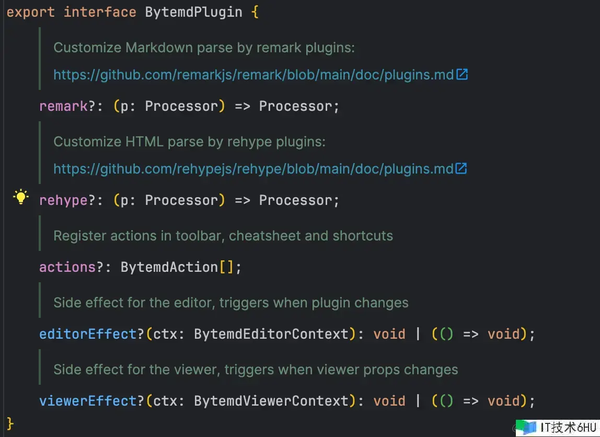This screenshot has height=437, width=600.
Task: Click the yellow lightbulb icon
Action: coord(21,197)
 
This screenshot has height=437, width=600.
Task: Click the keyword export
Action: coord(31,12)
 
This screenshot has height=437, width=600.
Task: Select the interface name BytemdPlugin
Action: coord(193,12)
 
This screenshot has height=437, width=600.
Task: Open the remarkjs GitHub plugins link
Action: coord(253,75)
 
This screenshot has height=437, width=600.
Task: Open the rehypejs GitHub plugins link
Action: coord(253,169)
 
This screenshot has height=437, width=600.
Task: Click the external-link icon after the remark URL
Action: coord(462,74)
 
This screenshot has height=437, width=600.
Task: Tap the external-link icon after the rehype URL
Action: coord(461,168)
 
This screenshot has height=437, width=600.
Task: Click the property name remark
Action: coord(64,106)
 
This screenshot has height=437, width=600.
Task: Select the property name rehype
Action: coord(64,201)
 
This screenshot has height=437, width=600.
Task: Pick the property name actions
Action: coord(67,267)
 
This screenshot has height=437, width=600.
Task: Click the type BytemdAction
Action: coord(169,267)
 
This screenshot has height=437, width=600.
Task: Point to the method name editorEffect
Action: coord(88,334)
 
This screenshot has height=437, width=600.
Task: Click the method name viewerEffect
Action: coord(88,401)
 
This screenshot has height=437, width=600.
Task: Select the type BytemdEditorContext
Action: coord(271,334)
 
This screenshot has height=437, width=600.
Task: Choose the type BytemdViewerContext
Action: coord(271,401)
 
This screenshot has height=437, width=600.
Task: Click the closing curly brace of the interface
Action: coord(10,424)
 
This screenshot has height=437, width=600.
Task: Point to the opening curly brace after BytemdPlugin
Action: coord(255,12)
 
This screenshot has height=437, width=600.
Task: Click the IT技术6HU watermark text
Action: coord(568,428)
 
